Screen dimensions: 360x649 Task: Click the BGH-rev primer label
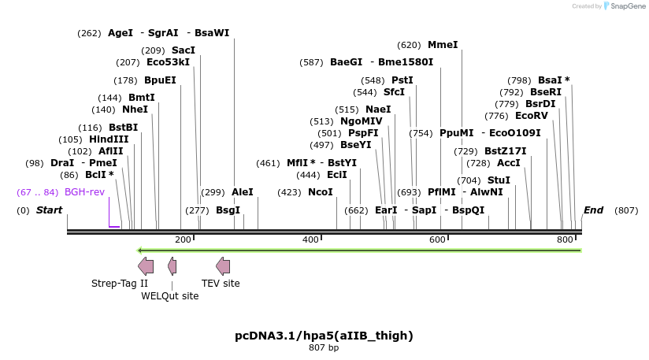84,192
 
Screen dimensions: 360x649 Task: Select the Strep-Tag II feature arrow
146,265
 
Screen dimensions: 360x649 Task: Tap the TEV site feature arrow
223,265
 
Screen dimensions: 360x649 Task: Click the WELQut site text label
170,296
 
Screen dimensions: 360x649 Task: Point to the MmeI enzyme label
443,45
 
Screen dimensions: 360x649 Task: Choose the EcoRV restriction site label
531,116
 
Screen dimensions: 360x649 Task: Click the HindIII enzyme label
109,139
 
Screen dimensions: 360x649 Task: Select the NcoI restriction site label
320,192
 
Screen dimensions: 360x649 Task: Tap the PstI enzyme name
402,80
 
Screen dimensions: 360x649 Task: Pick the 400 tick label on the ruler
310,239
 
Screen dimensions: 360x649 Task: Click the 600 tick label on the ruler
437,239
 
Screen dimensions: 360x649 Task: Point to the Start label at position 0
49,210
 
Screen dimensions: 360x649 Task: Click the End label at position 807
593,210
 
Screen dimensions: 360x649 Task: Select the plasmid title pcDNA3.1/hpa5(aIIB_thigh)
324,336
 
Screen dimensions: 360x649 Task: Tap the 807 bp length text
324,347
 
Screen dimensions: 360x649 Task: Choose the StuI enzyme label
499,180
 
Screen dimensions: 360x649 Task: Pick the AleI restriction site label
243,192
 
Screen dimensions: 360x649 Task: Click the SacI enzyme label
184,50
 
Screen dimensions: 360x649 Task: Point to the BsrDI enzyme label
540,104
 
